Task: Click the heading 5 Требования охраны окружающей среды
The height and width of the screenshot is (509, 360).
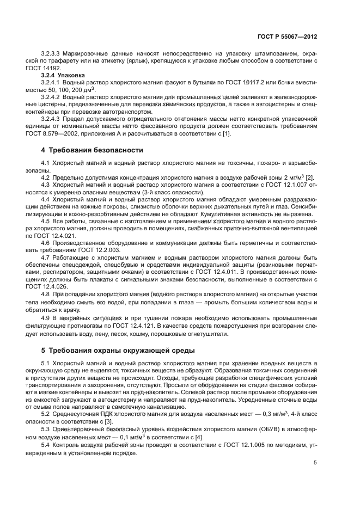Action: pos(112,349)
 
